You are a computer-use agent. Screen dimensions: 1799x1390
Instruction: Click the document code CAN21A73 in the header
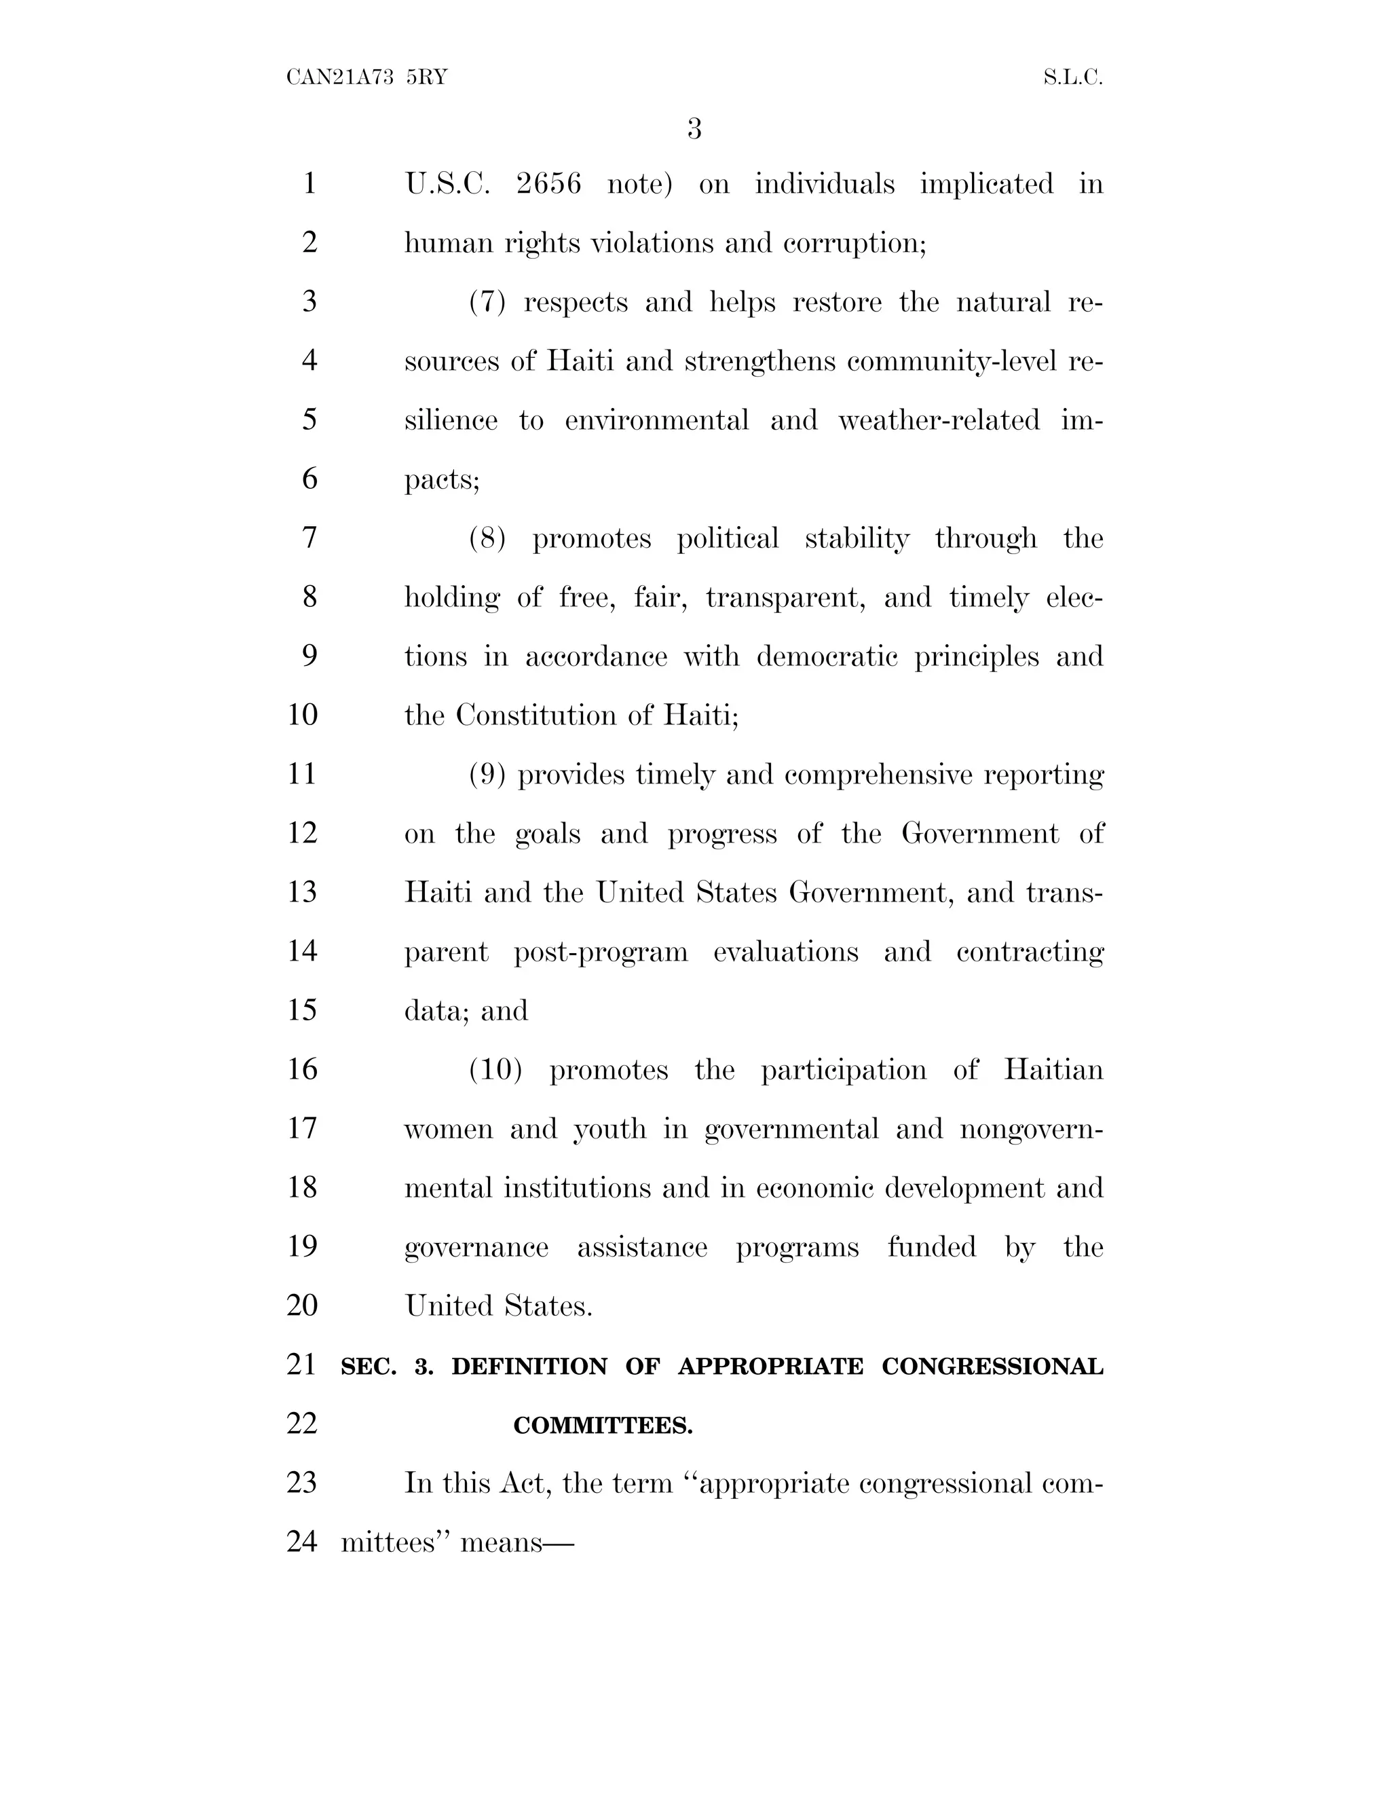(x=339, y=77)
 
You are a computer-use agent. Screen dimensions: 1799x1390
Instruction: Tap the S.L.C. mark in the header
(x=1072, y=77)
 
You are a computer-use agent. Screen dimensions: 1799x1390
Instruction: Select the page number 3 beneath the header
(x=694, y=128)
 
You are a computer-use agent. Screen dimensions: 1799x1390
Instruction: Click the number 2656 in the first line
(x=548, y=184)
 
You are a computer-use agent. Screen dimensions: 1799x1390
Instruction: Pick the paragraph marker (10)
(x=495, y=1070)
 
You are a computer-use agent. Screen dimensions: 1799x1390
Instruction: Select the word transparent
(x=785, y=597)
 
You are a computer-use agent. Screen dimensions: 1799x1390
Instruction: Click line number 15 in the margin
(x=302, y=1011)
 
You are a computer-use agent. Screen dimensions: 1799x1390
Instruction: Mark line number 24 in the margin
(x=302, y=1541)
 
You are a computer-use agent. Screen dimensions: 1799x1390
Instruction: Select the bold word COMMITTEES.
(x=603, y=1426)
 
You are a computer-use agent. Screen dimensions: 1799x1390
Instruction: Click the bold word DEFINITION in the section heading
(x=529, y=1367)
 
